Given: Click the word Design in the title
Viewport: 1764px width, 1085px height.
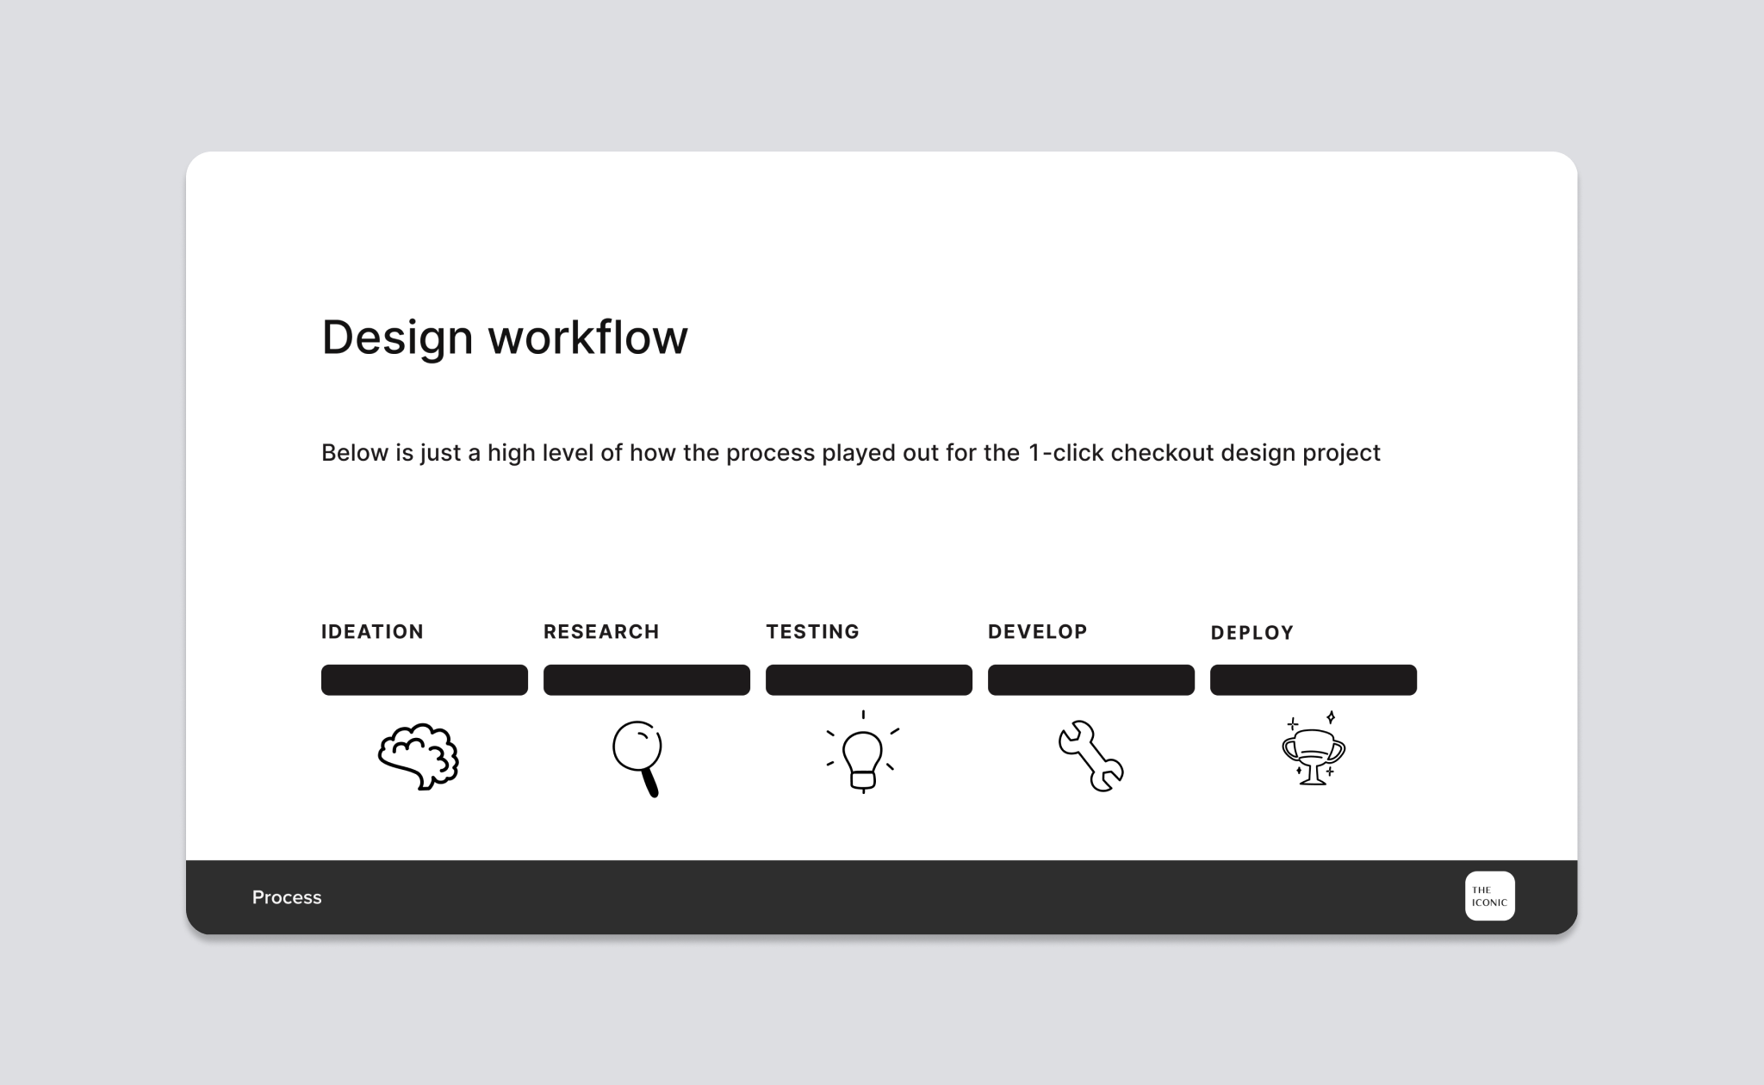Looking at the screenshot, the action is click(397, 338).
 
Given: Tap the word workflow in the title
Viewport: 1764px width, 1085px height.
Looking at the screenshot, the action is click(588, 336).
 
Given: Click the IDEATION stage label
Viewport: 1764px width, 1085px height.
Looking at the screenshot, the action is click(372, 632).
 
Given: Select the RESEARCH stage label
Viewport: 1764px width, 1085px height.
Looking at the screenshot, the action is click(601, 632).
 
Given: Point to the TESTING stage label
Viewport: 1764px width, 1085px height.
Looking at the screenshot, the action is click(813, 632).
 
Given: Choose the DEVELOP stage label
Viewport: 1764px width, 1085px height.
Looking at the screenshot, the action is click(1038, 632).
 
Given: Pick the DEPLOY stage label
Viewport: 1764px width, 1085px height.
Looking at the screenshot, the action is click(1252, 633).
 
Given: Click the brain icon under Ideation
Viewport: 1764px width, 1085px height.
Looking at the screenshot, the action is click(419, 756).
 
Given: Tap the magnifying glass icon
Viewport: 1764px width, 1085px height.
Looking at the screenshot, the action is click(637, 758).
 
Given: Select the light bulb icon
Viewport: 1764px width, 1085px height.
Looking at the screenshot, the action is click(863, 752).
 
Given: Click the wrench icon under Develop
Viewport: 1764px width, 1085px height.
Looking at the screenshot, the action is click(1090, 756).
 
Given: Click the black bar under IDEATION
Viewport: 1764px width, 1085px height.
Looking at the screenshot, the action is click(425, 679).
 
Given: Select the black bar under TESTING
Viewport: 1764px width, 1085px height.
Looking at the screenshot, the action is click(869, 679).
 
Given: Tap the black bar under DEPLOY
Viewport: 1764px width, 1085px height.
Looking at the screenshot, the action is click(1314, 679).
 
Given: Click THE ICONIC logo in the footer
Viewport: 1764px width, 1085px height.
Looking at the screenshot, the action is click(1490, 896).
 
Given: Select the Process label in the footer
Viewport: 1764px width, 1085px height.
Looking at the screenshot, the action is click(287, 897).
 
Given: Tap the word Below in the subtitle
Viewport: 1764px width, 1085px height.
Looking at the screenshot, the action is click(355, 453).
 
